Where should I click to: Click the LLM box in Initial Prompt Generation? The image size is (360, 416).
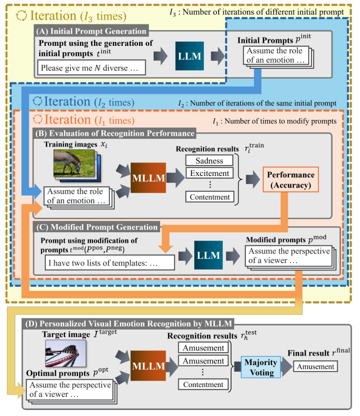click(x=189, y=55)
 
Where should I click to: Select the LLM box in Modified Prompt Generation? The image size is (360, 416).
click(x=209, y=255)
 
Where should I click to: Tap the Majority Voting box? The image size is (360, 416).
click(x=260, y=367)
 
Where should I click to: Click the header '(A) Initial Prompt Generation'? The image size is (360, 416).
click(x=92, y=31)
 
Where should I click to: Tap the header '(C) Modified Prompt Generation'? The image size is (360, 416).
click(x=97, y=227)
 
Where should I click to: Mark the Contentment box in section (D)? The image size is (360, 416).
click(x=203, y=385)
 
